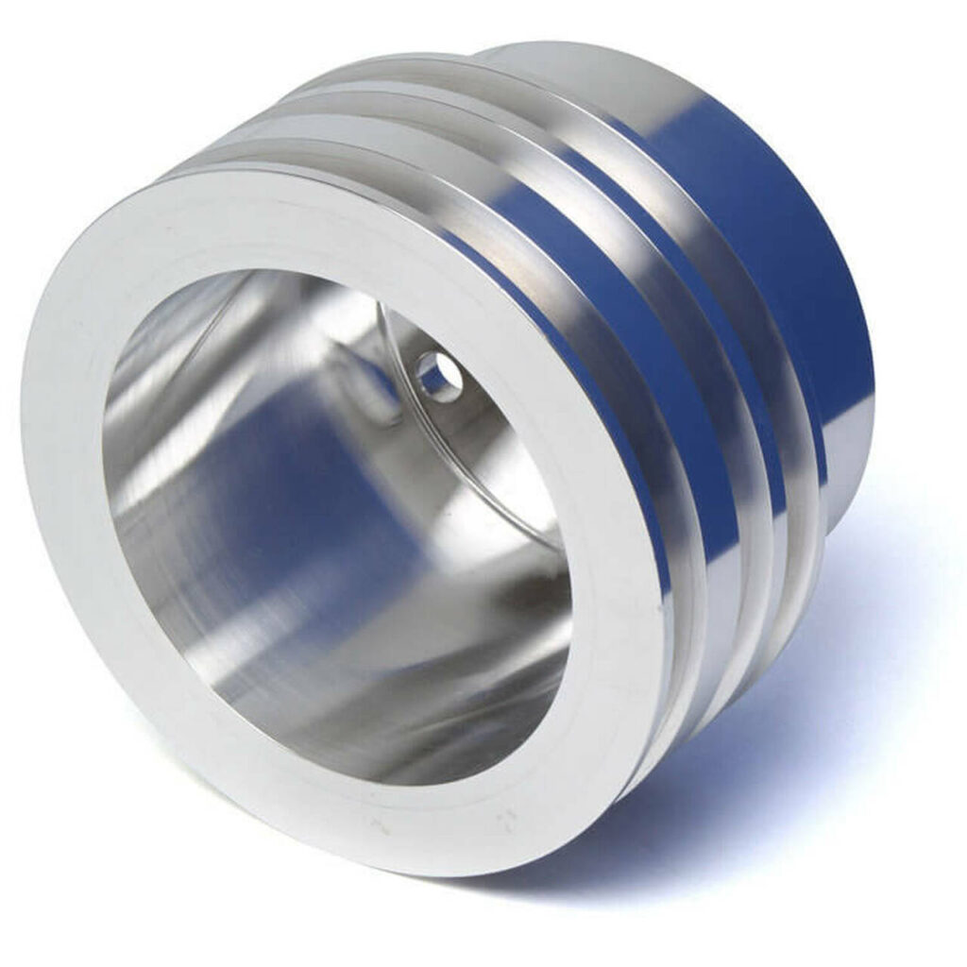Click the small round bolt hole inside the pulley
pyautogui.click(x=438, y=376)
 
